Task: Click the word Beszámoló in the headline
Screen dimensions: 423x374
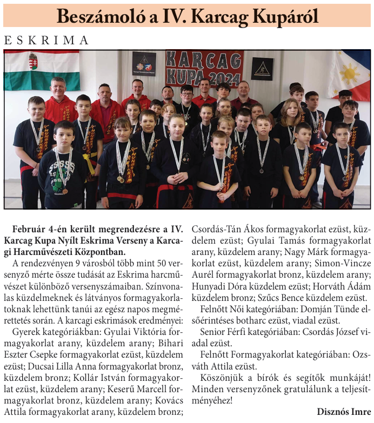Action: point(99,16)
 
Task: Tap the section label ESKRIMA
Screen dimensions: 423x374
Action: point(46,41)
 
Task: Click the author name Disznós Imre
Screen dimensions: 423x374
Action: point(344,411)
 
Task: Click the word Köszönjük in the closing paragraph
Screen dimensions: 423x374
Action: point(222,377)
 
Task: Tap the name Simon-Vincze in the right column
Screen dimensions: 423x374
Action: point(339,264)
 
